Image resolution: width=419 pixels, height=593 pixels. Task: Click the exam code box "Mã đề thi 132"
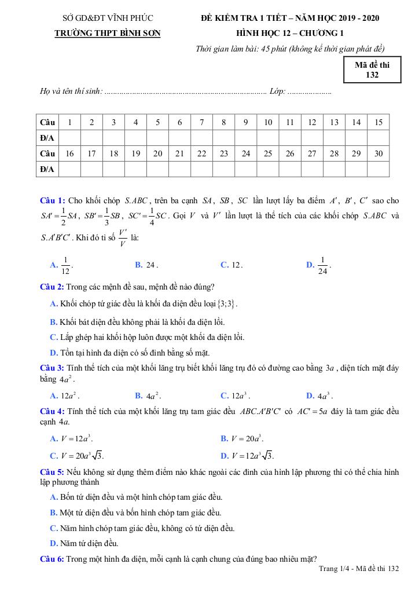coord(372,69)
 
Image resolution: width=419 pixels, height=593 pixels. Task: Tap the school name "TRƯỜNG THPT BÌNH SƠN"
coord(107,33)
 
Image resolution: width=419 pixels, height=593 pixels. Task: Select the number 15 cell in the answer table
coord(378,122)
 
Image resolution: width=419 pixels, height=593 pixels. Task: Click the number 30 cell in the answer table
coord(378,153)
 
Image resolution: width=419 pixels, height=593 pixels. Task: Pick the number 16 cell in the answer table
coord(70,153)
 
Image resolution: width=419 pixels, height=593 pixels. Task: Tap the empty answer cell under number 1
coord(70,138)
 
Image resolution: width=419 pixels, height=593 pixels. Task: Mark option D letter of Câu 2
coord(54,353)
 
